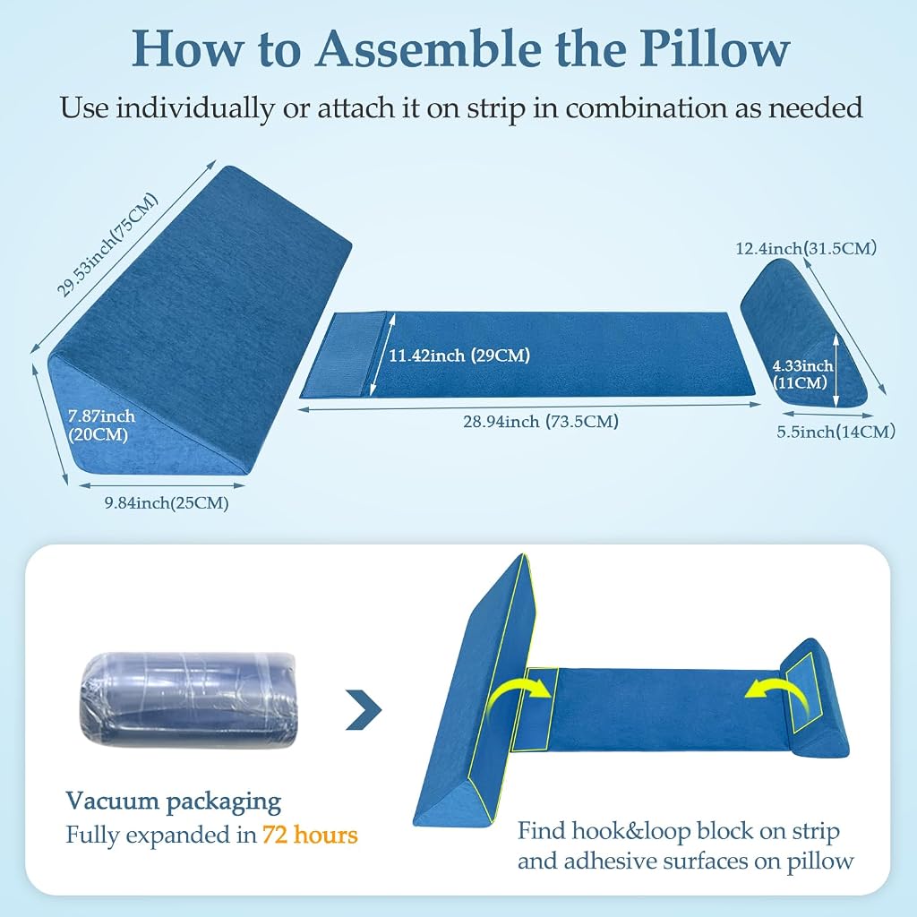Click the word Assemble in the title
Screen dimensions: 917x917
[x=429, y=48]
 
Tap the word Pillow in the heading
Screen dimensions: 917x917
[x=715, y=48]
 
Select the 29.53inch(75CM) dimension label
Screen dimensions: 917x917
[x=107, y=244]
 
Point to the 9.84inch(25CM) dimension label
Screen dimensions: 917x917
[x=167, y=503]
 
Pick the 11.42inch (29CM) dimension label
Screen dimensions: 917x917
[x=459, y=356]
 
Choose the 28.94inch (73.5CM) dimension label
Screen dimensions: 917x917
[x=541, y=422]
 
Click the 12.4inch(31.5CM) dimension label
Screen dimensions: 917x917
[x=807, y=249]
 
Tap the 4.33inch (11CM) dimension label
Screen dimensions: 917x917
[x=802, y=374]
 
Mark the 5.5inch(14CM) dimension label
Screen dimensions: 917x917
[x=836, y=433]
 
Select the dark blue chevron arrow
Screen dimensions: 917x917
[x=364, y=709]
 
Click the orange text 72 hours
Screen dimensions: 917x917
[x=309, y=835]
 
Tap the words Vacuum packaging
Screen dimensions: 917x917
[x=173, y=801]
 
